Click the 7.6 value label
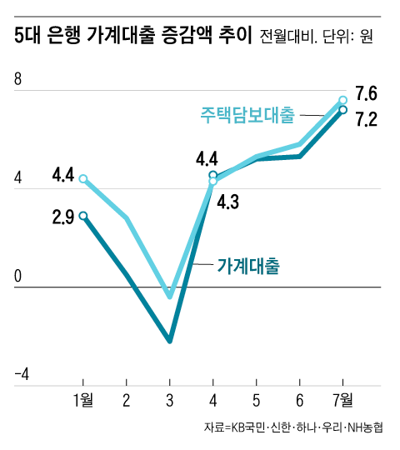(367, 92)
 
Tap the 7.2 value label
(367, 120)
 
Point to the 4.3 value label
(228, 201)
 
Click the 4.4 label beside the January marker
(63, 176)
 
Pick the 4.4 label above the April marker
(207, 157)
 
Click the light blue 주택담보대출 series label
(247, 113)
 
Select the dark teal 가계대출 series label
(247, 267)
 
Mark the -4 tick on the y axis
(22, 376)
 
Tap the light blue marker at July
(342, 100)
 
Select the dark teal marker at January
(83, 216)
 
